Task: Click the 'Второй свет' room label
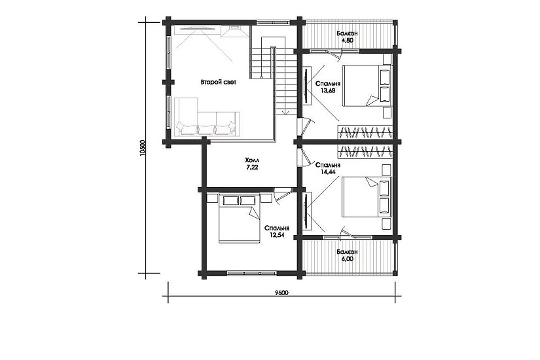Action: point(219,82)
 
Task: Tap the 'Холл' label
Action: point(252,160)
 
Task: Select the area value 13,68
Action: point(328,91)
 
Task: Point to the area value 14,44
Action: point(328,171)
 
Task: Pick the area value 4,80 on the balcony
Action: point(347,41)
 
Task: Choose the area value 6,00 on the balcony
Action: point(347,259)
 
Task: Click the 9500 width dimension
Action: point(281,293)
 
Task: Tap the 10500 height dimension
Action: point(143,148)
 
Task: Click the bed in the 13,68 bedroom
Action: point(367,86)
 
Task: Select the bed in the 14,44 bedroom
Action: point(367,197)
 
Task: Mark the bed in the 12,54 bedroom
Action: point(240,218)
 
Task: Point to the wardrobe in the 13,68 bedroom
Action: point(365,132)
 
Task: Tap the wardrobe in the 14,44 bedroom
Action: point(365,151)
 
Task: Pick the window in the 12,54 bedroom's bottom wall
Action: point(252,274)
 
